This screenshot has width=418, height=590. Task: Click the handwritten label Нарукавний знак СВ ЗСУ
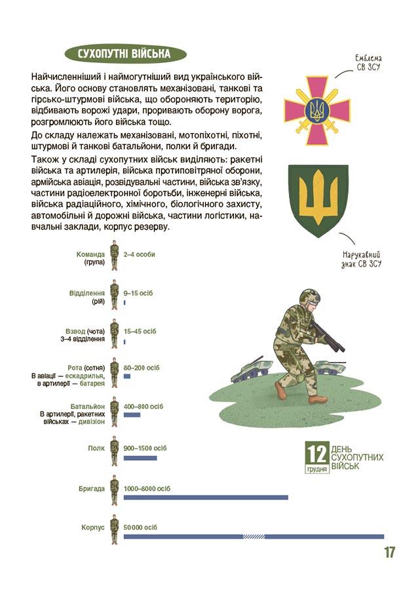(x=362, y=258)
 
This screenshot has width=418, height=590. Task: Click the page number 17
(x=389, y=552)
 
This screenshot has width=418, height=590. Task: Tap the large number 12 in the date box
(x=317, y=453)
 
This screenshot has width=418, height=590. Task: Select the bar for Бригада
(x=206, y=498)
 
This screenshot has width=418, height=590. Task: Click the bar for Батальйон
(x=132, y=415)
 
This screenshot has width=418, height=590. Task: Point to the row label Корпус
(x=93, y=527)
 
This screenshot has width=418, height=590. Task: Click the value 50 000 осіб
(x=141, y=527)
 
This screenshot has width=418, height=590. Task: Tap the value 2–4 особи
(x=139, y=254)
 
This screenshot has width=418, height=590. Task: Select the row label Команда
(x=90, y=254)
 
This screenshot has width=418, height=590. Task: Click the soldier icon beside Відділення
(x=114, y=295)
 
